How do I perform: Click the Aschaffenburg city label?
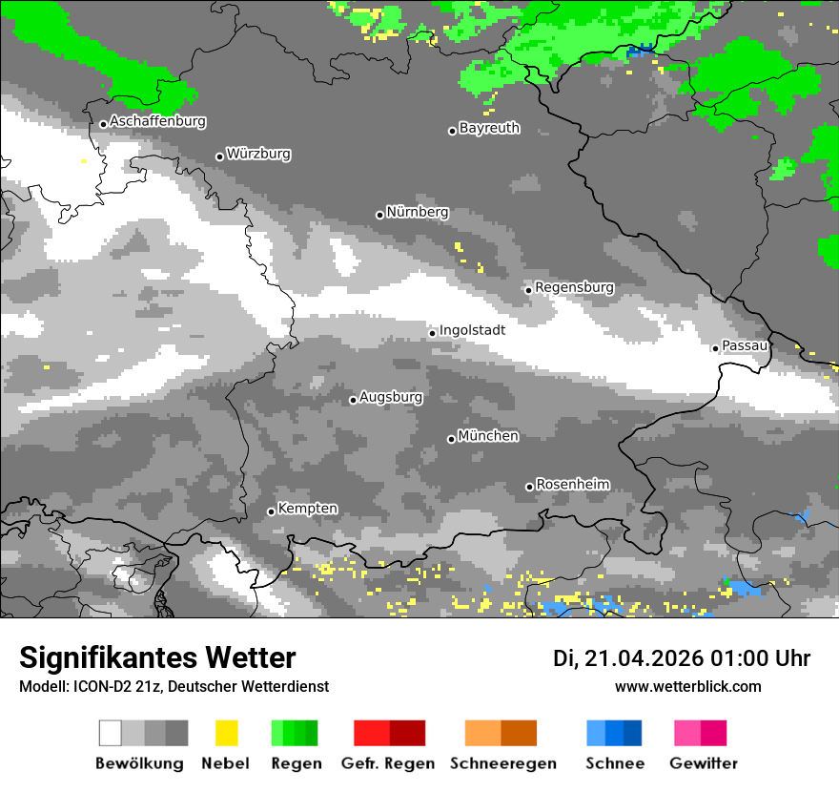pyautogui.click(x=157, y=122)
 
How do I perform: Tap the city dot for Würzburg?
pyautogui.click(x=219, y=156)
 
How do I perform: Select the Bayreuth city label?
pyautogui.click(x=489, y=128)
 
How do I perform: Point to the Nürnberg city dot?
pyautogui.click(x=379, y=215)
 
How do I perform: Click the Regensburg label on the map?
pyautogui.click(x=574, y=287)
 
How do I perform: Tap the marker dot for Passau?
pyautogui.click(x=715, y=348)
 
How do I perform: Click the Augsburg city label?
pyautogui.click(x=391, y=397)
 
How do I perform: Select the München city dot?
pyautogui.click(x=451, y=439)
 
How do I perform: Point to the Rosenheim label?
pyautogui.click(x=572, y=485)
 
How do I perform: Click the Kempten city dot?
pyautogui.click(x=271, y=511)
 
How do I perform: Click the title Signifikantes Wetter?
pyautogui.click(x=157, y=658)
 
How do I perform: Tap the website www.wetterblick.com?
pyautogui.click(x=687, y=687)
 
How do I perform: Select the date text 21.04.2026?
pyautogui.click(x=643, y=658)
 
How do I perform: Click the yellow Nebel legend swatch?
pyautogui.click(x=226, y=733)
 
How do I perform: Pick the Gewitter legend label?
pyautogui.click(x=703, y=763)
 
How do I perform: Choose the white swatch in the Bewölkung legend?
pyautogui.click(x=111, y=733)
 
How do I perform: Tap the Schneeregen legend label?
pyautogui.click(x=502, y=763)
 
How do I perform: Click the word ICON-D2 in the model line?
pyautogui.click(x=92, y=687)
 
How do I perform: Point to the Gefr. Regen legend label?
pyautogui.click(x=388, y=763)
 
